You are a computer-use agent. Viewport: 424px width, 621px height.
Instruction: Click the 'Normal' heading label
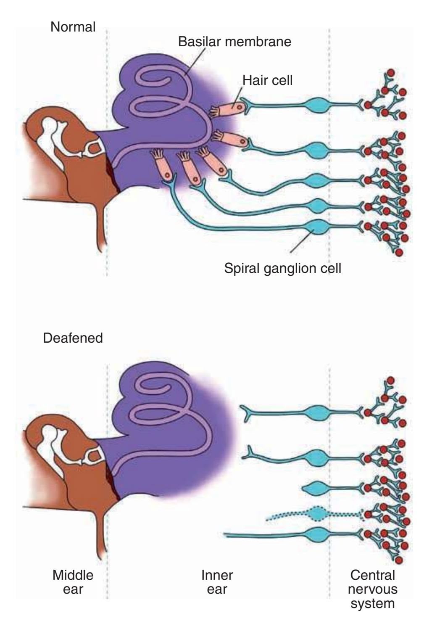73,27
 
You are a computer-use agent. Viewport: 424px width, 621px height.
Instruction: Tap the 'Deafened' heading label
73,338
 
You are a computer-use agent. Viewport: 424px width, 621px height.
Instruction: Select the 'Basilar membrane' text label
234,42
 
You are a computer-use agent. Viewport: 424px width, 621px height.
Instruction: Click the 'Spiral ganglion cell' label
282,267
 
